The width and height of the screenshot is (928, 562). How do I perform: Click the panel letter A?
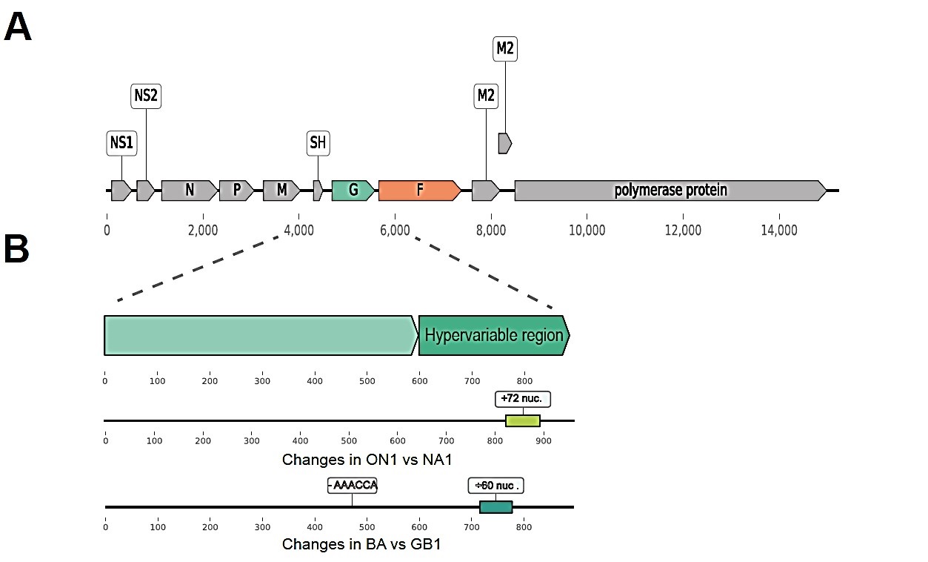19,27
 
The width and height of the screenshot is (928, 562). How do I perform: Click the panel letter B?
17,250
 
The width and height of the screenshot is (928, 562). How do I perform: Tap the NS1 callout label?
121,143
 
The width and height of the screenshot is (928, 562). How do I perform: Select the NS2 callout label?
146,96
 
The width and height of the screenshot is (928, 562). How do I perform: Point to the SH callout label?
318,142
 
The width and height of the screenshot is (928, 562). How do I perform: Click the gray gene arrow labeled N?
190,191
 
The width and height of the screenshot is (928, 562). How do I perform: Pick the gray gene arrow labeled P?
236,191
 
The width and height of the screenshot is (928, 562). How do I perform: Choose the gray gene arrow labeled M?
281,191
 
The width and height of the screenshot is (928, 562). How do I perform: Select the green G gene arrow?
353,191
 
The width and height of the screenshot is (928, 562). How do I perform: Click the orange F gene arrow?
419,191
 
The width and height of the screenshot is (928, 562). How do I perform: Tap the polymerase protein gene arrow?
670,191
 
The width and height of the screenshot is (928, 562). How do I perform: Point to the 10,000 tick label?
587,231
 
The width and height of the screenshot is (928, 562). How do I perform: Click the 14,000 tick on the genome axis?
778,216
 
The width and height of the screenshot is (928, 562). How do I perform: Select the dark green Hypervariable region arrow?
494,335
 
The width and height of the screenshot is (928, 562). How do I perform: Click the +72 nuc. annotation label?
523,399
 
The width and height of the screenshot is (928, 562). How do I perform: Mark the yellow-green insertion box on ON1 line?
523,421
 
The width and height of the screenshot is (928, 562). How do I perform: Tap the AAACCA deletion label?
353,486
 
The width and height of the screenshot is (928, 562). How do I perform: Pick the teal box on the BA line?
495,507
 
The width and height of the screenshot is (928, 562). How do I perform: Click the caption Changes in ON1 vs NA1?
367,460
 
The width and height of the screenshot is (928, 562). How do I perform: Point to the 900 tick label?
543,440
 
